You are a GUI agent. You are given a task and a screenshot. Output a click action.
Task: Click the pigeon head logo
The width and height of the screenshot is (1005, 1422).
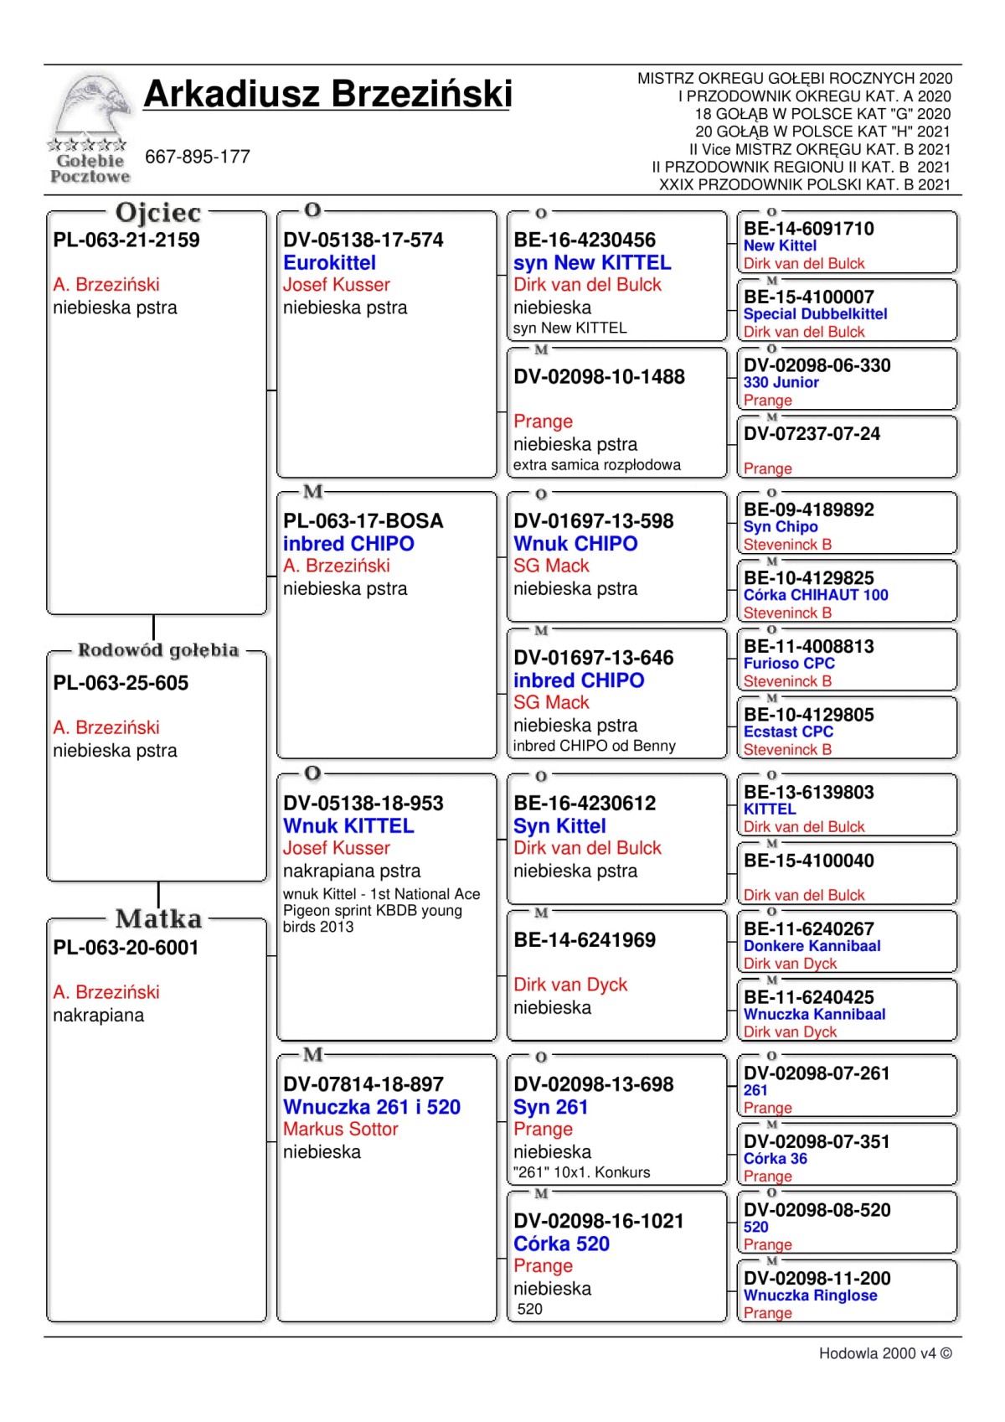click(90, 109)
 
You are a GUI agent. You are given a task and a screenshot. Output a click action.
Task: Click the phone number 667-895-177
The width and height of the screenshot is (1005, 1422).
click(198, 157)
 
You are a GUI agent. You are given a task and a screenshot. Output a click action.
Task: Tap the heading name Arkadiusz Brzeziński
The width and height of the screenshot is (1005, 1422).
click(327, 94)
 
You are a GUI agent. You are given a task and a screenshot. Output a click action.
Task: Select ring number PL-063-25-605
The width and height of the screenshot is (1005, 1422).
click(121, 683)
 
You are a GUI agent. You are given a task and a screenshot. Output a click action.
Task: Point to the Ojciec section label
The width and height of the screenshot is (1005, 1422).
click(158, 213)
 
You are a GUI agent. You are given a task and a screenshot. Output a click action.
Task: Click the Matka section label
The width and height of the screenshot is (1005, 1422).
click(158, 919)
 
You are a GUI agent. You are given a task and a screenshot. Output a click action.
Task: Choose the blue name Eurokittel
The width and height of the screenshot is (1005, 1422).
click(329, 262)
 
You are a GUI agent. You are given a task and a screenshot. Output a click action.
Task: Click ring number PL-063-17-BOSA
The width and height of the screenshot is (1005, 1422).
click(363, 521)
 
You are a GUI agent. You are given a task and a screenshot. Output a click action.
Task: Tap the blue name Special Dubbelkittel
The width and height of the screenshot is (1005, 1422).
click(815, 314)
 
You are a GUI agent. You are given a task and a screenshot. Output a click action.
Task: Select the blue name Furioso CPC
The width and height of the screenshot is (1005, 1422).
click(789, 664)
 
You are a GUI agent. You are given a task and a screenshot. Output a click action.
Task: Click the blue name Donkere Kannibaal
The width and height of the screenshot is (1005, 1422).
click(812, 946)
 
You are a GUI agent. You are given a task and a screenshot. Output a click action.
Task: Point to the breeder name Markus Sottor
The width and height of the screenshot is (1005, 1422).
click(340, 1130)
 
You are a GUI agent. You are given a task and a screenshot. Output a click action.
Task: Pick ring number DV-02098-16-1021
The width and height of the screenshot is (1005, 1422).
click(599, 1221)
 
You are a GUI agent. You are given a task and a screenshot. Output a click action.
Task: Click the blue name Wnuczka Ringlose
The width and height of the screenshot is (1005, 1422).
click(810, 1295)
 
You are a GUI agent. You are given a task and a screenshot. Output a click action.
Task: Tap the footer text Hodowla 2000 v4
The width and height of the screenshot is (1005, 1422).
click(884, 1353)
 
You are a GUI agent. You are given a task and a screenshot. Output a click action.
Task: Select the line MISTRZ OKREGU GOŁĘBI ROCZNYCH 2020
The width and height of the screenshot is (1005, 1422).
click(794, 79)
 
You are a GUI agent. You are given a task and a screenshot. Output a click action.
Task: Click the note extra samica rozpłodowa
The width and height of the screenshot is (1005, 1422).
click(596, 465)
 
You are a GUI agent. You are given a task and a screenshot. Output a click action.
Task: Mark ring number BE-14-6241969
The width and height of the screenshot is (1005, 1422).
click(585, 940)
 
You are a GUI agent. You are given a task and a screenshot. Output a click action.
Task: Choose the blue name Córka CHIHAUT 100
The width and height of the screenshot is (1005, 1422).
click(816, 595)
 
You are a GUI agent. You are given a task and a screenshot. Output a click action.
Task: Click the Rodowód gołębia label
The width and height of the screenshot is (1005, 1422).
click(158, 650)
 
